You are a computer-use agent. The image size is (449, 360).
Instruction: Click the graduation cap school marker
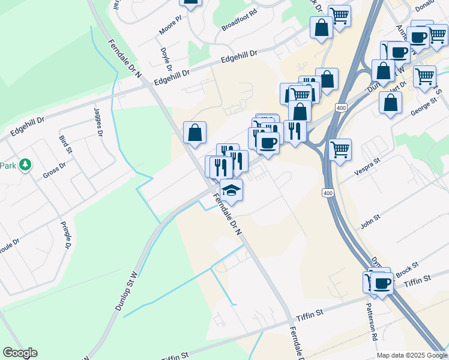231,191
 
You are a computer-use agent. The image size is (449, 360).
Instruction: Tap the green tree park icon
25,164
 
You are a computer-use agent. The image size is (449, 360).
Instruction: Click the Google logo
20,353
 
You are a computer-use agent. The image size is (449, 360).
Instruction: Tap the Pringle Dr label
66,235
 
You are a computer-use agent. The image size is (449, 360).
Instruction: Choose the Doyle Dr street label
164,59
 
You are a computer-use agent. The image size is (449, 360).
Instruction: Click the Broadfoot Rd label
239,20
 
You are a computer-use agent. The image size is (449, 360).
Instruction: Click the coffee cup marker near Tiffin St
382,283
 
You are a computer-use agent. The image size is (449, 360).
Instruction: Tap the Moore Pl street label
170,25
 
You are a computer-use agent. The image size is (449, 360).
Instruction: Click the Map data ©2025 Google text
412,355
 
